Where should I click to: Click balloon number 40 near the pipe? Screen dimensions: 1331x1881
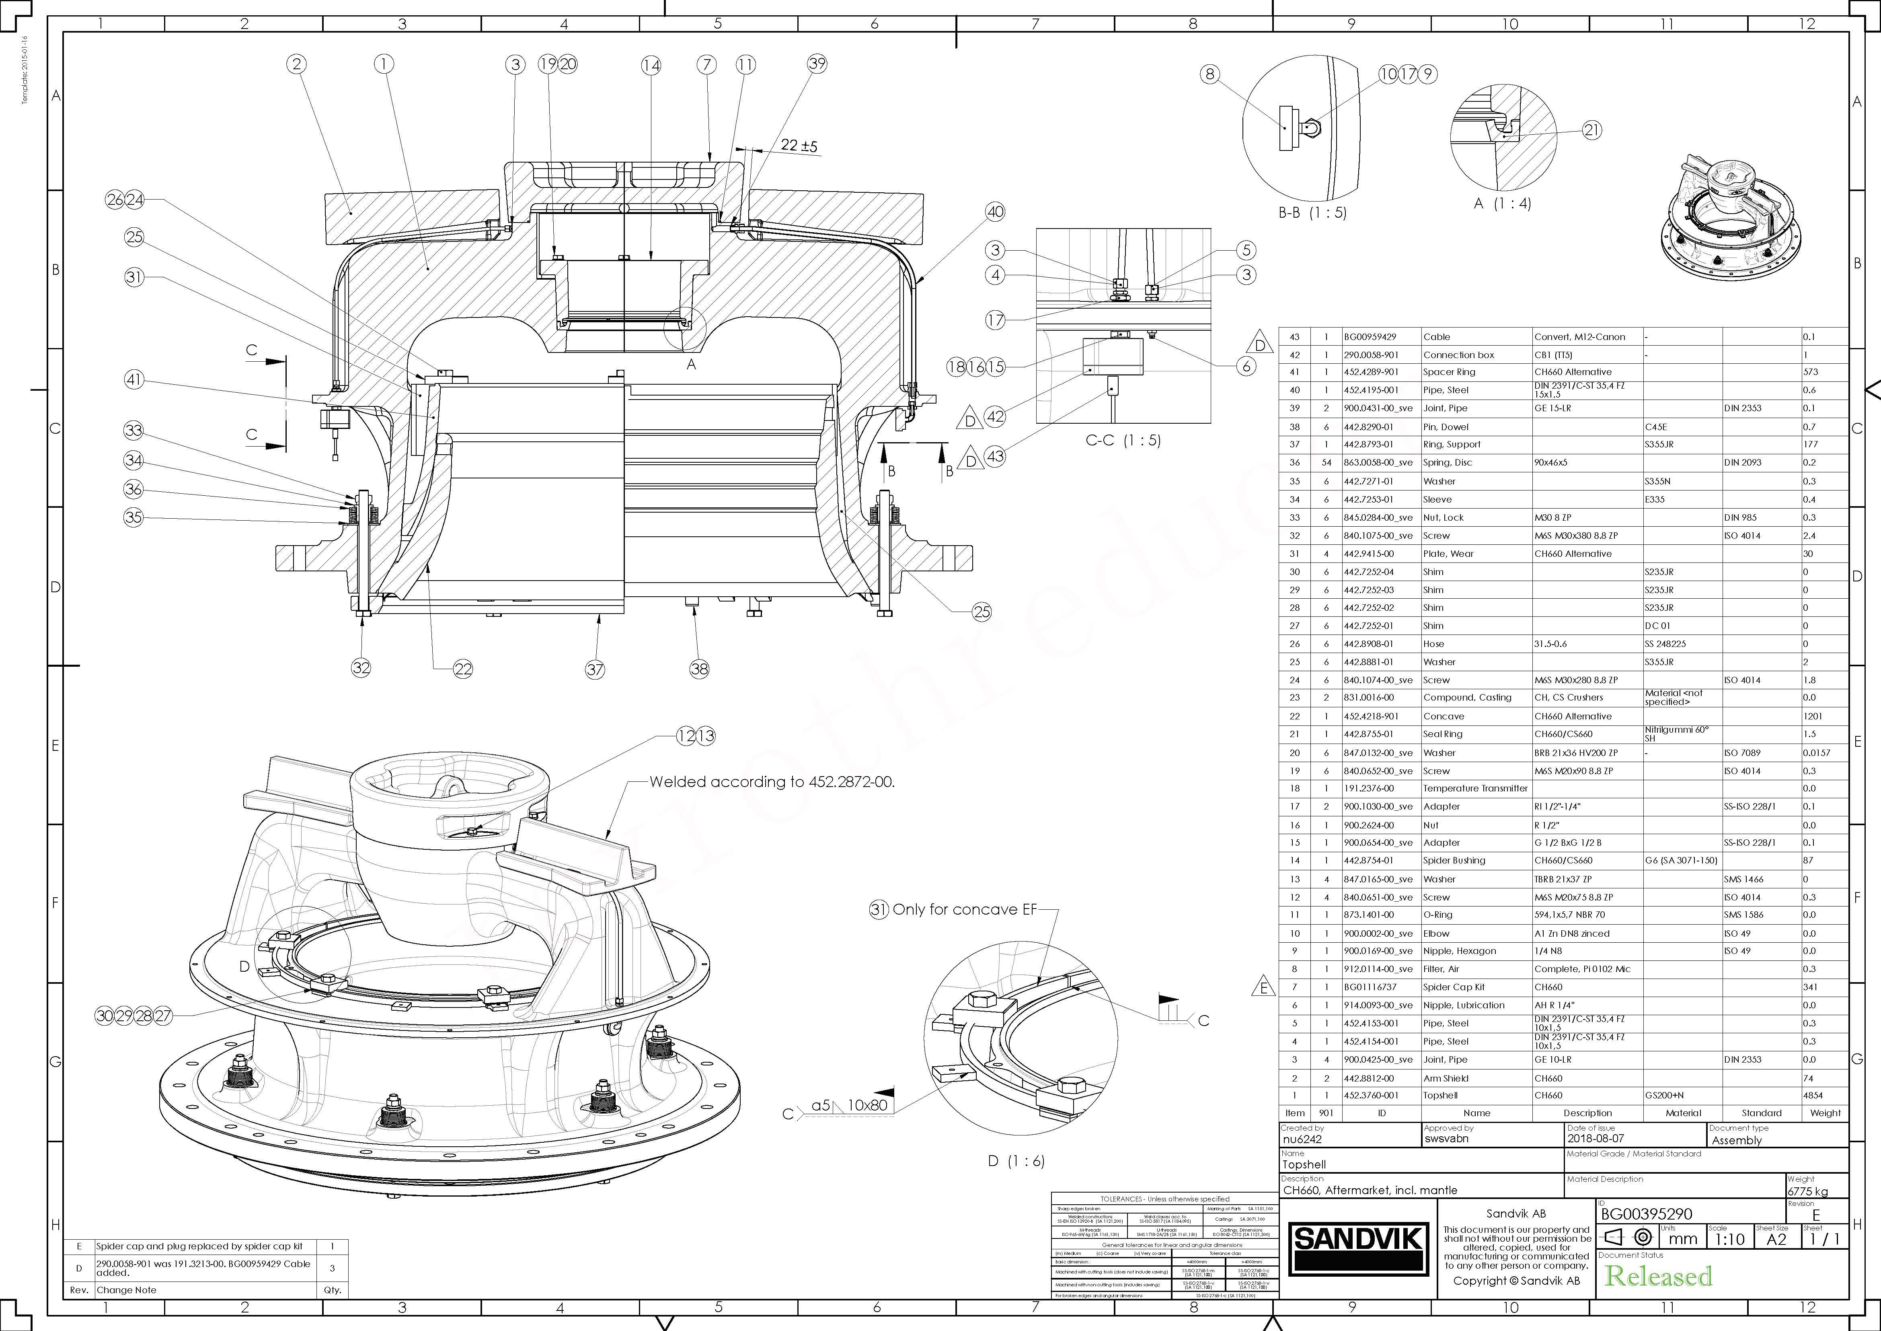pos(994,212)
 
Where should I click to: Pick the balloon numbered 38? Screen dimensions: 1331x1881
pos(699,669)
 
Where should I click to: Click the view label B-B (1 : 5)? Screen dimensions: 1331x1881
pos(1312,212)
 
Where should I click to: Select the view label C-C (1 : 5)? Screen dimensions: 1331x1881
pos(1123,440)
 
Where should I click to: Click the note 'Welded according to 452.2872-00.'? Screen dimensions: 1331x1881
pos(772,782)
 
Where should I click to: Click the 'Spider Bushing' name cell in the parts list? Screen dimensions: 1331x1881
pos(1454,861)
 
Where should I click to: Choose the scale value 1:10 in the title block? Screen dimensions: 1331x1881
pos(1729,1239)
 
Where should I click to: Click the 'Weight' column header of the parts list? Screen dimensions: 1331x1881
pos(1824,1113)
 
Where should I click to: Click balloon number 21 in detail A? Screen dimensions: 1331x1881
pos(1591,130)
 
